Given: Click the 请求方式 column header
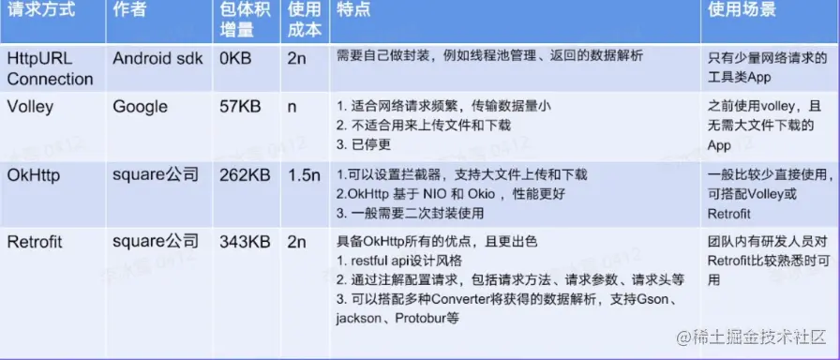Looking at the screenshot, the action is (40, 9).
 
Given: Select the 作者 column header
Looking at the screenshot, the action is (130, 9).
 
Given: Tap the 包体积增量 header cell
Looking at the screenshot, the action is (246, 20).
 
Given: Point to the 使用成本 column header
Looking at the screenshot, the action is (305, 20).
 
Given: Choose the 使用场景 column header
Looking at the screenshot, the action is (742, 9).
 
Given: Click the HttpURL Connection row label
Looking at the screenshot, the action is (50, 68).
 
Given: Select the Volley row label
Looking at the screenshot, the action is (30, 107).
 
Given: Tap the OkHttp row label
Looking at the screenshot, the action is (34, 175).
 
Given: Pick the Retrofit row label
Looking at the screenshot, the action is (35, 242).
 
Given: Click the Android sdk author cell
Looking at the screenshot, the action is (157, 58).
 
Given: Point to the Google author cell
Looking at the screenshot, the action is (140, 107).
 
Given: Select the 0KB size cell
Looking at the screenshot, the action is (235, 58).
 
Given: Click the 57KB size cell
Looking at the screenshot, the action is (240, 107).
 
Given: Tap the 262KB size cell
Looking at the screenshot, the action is (245, 175).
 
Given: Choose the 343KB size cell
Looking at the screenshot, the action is (245, 242).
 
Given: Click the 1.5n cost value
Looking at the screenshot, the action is (305, 175).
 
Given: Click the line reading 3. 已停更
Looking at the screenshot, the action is (364, 144).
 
